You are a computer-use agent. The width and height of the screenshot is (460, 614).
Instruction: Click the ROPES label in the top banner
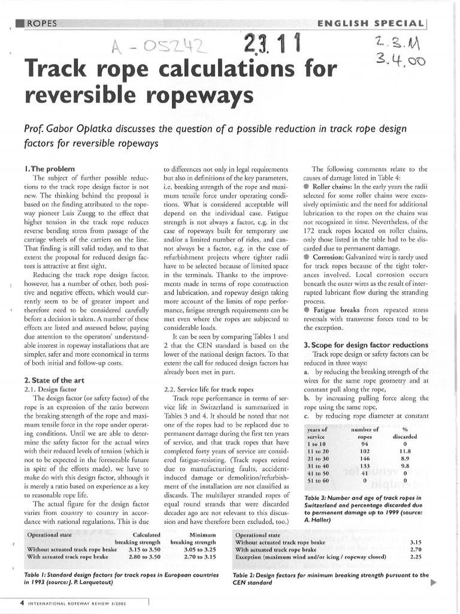(41, 23)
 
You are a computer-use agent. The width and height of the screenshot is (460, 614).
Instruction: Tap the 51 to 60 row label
(318, 480)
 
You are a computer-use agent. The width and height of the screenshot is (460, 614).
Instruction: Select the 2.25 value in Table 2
(416, 556)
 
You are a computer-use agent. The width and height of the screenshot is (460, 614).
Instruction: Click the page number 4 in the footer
(22, 603)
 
